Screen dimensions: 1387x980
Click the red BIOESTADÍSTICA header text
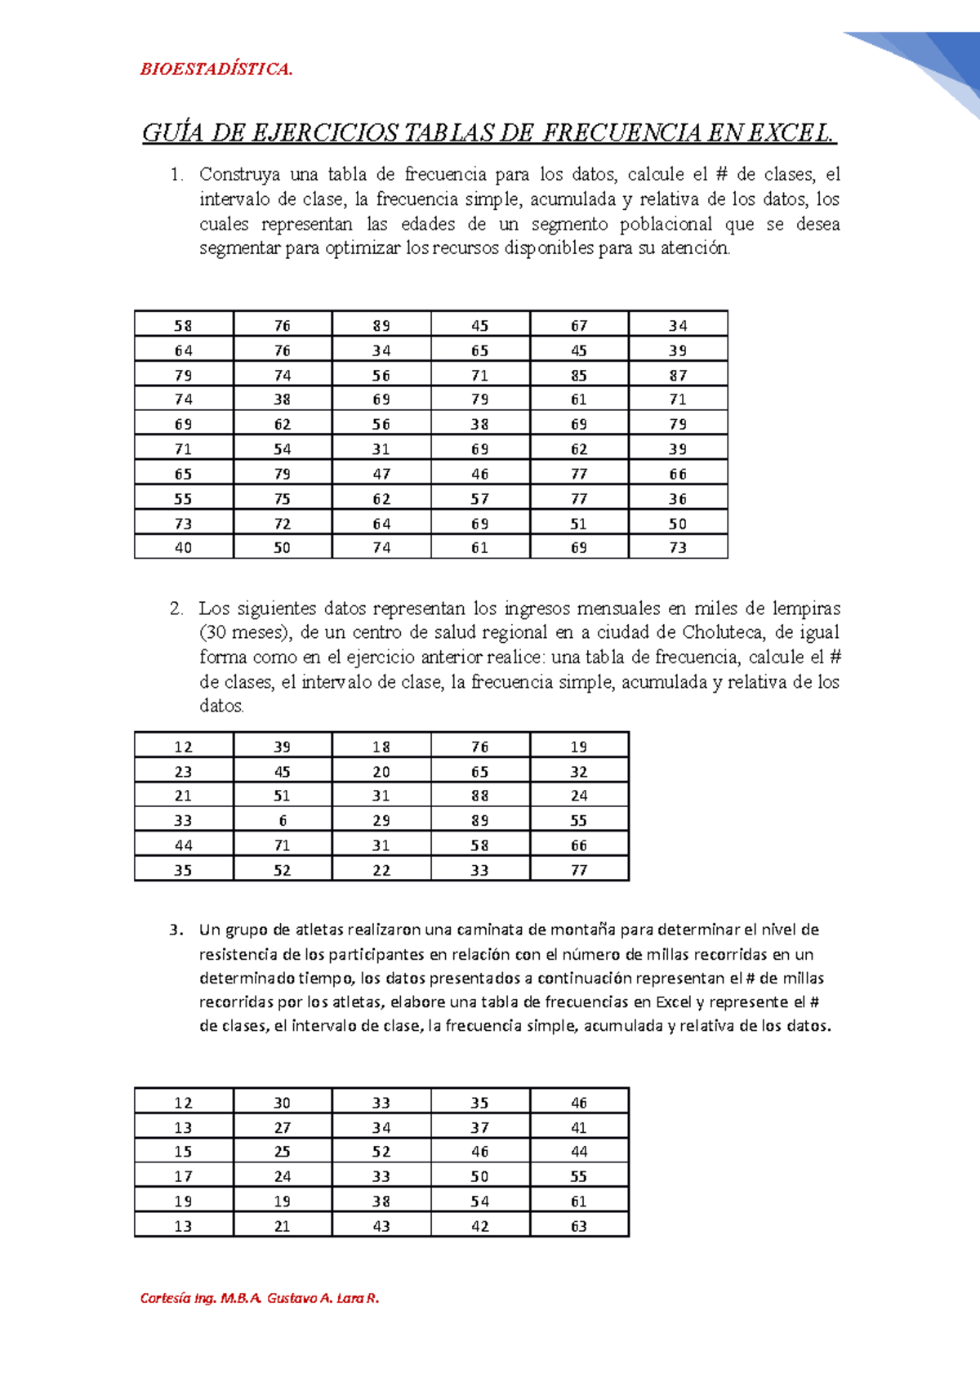click(x=216, y=69)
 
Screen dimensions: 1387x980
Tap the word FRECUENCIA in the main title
click(x=621, y=132)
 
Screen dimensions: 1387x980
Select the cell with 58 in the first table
click(x=184, y=325)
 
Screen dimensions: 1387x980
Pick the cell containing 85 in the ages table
click(x=579, y=375)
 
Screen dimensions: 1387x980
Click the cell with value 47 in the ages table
click(x=381, y=474)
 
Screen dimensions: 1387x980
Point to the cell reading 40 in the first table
click(x=184, y=547)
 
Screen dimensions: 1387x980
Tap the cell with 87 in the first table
click(x=678, y=375)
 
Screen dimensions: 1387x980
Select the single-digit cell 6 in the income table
click(x=283, y=820)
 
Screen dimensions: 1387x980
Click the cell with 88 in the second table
click(x=480, y=796)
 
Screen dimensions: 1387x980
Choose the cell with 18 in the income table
click(x=381, y=747)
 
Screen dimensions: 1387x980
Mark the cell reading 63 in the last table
click(x=579, y=1225)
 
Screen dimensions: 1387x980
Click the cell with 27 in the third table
click(x=283, y=1127)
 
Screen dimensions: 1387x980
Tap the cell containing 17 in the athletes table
click(x=184, y=1176)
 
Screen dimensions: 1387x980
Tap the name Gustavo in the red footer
click(x=292, y=1298)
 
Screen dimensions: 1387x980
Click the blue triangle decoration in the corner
click(x=939, y=61)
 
